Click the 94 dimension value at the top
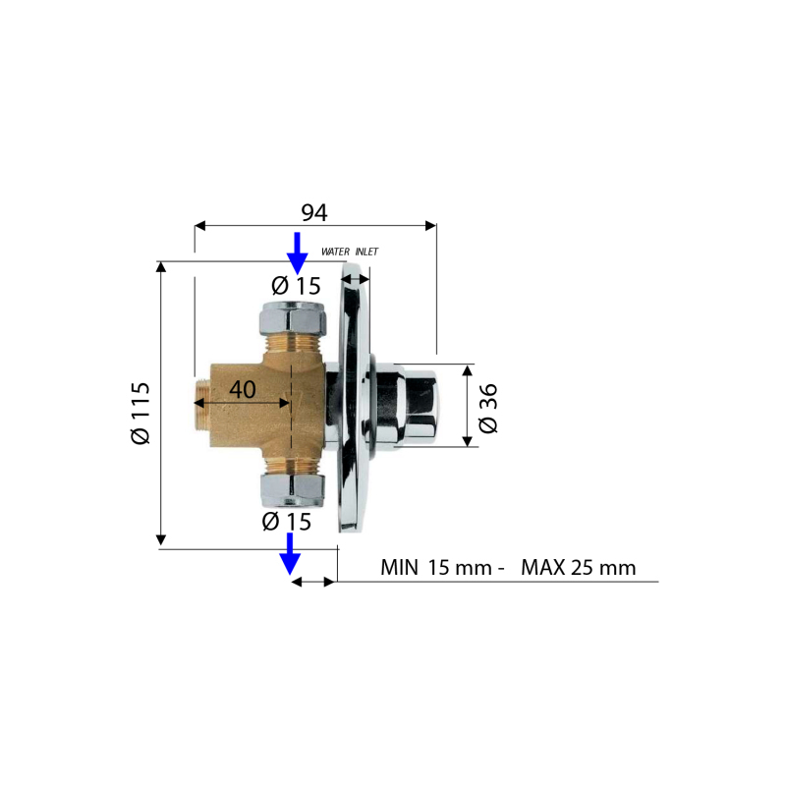(314, 212)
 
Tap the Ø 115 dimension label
(140, 413)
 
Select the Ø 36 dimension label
(487, 408)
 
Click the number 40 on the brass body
(243, 389)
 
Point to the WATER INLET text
(350, 252)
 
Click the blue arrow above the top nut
(298, 253)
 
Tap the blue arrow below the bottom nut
(290, 553)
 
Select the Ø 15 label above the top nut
(296, 286)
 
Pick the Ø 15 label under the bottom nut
(286, 522)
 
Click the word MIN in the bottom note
(399, 568)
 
